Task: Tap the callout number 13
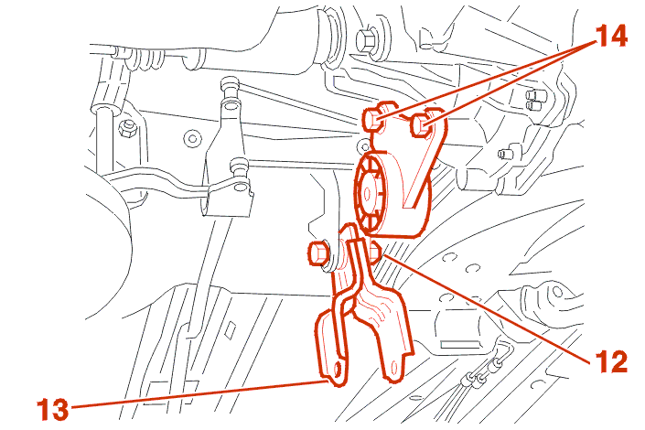point(53,409)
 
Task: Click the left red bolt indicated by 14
point(372,119)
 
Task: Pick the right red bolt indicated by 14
point(421,124)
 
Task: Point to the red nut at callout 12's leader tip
point(376,253)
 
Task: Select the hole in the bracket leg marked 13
point(339,370)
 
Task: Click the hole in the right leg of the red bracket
point(395,368)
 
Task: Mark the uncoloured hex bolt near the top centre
point(366,39)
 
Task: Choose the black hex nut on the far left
point(128,128)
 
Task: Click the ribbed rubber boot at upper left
point(143,58)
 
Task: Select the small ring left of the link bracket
point(192,138)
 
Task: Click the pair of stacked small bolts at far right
point(534,101)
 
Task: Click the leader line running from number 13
point(199,394)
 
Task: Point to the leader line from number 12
point(487,308)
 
